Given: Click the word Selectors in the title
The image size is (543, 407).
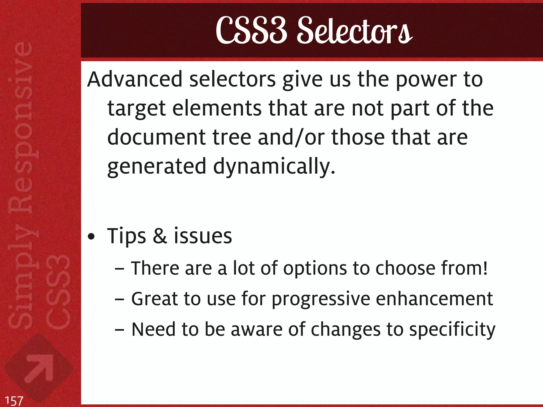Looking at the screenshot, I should [354, 31].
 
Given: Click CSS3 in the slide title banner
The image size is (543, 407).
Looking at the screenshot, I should [252, 31].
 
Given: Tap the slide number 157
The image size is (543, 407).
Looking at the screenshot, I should [14, 400].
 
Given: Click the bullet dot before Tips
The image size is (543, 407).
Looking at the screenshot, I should [91, 237].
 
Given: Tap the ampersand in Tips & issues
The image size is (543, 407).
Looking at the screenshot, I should [160, 236].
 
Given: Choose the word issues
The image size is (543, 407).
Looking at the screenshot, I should [203, 236].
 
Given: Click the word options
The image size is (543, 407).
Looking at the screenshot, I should [315, 269].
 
